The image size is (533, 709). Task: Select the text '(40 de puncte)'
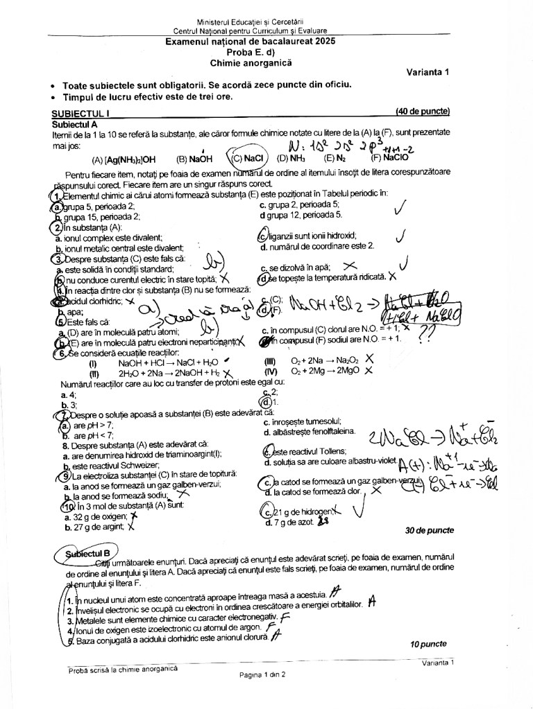(422, 111)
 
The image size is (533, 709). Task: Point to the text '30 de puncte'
(429, 530)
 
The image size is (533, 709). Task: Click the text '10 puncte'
(428, 644)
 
